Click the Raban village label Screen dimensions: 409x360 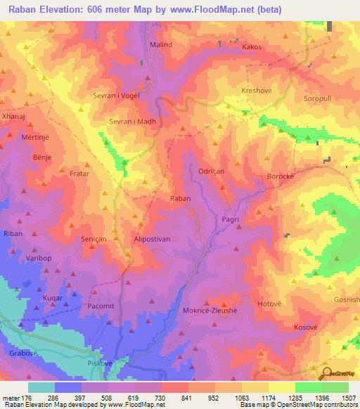click(181, 199)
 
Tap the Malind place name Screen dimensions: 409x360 click(161, 44)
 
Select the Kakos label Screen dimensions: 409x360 click(252, 47)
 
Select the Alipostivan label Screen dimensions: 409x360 click(153, 239)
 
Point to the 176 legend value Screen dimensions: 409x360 click(27, 397)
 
